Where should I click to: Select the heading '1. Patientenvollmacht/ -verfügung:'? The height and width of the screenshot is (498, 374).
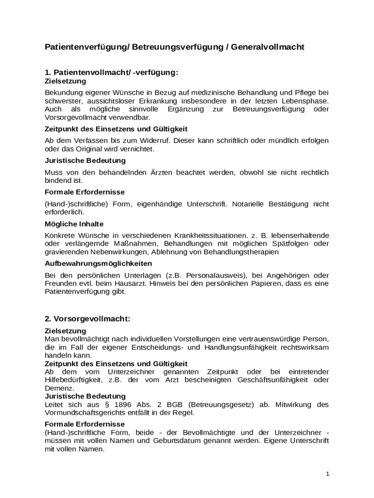pos(111,72)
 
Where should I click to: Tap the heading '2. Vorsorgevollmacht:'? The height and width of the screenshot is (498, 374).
pos(87,319)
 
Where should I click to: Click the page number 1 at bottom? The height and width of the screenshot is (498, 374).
pos(328,473)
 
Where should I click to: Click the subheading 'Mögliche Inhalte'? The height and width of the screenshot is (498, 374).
pos(74,224)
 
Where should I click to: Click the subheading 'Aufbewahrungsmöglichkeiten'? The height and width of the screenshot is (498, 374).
pos(98,264)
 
